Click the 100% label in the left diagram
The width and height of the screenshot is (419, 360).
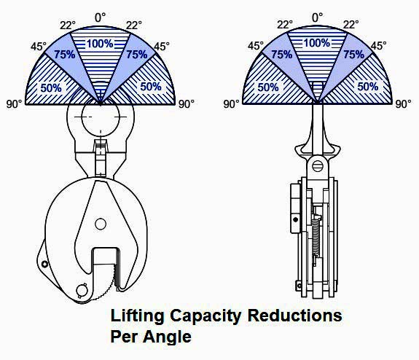point(100,44)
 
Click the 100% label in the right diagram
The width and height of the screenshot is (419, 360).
point(317,43)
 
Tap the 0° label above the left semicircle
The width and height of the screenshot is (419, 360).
point(101,17)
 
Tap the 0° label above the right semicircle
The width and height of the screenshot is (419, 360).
point(317,17)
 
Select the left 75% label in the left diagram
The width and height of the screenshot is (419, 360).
point(65,55)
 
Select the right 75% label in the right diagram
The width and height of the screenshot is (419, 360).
point(354,55)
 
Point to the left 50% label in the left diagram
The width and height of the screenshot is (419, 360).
point(51,88)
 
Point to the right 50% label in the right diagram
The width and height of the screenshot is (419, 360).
point(368,87)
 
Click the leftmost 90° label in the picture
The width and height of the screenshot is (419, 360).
point(14,104)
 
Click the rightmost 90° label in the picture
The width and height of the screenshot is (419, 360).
point(403,104)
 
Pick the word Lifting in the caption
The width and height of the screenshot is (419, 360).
point(137,316)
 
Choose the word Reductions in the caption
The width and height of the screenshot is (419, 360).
point(294,316)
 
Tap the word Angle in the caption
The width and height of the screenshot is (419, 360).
point(168,337)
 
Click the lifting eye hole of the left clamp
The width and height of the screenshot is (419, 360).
point(101,117)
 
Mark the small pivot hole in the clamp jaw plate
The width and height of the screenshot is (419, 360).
point(101,224)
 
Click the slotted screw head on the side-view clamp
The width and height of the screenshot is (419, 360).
point(318,165)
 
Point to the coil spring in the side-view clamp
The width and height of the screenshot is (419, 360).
point(316,237)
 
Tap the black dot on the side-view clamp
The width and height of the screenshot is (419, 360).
point(296,219)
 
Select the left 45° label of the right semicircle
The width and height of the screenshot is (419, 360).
point(256,46)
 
